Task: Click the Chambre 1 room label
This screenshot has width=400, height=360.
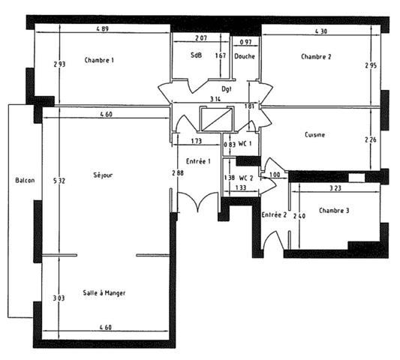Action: (99, 60)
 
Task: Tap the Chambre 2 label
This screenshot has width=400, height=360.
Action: (316, 56)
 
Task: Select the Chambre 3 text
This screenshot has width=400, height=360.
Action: (334, 211)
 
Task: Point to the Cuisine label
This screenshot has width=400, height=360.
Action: (314, 134)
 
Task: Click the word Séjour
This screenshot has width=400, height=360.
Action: (103, 175)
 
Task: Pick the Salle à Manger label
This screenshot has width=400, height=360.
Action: (104, 293)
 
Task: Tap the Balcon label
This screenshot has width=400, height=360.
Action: (25, 180)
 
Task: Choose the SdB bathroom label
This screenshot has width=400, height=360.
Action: (196, 55)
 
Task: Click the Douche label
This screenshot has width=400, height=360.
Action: (245, 56)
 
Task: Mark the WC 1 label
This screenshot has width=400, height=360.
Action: (245, 144)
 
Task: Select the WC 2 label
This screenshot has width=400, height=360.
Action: (246, 178)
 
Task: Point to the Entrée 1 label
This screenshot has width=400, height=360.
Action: (198, 161)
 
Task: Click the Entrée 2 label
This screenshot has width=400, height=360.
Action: (274, 214)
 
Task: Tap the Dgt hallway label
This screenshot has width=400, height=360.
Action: (227, 89)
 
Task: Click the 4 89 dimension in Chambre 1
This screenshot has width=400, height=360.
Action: (103, 28)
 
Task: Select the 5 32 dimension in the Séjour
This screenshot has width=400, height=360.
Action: (59, 181)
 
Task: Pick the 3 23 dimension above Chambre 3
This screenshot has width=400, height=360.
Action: (335, 188)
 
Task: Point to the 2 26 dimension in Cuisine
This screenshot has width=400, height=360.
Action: (371, 139)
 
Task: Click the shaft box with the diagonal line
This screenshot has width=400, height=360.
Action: (217, 119)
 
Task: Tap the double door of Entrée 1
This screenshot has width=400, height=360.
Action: (197, 202)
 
